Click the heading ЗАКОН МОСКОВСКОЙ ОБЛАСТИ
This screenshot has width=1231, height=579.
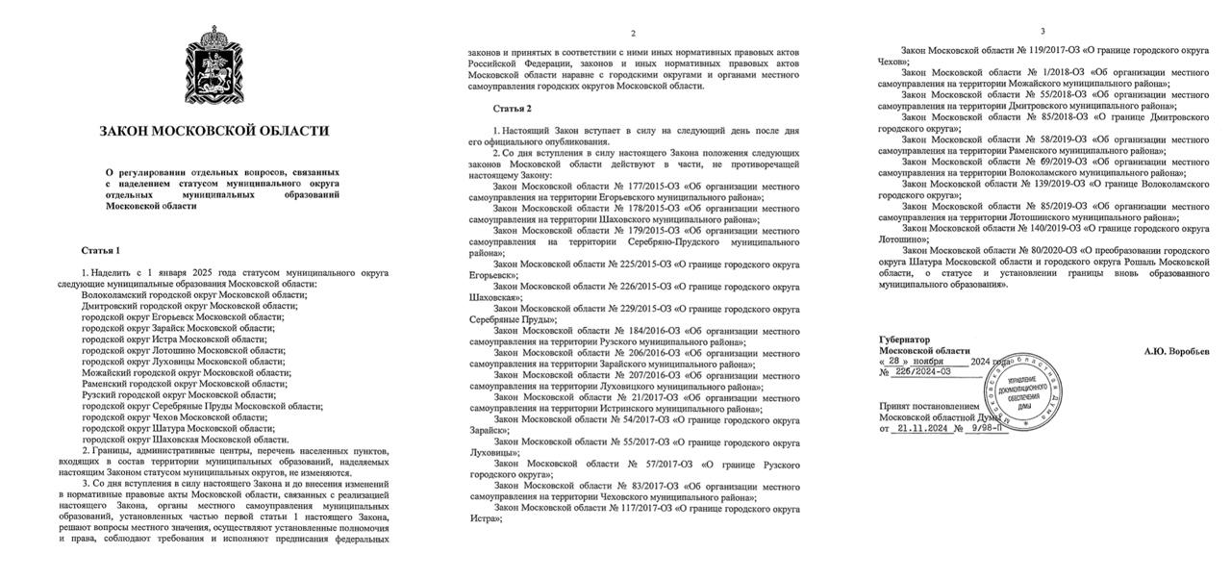click(214, 131)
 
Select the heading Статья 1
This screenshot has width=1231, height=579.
click(101, 251)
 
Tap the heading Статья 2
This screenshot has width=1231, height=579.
click(512, 108)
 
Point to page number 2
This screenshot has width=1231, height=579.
click(633, 34)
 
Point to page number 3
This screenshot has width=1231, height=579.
click(1043, 31)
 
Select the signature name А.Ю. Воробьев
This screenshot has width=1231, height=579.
click(1176, 352)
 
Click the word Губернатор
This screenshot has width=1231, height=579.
click(905, 340)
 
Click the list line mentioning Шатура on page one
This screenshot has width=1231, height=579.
click(179, 429)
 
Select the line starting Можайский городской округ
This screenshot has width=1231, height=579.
click(186, 373)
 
